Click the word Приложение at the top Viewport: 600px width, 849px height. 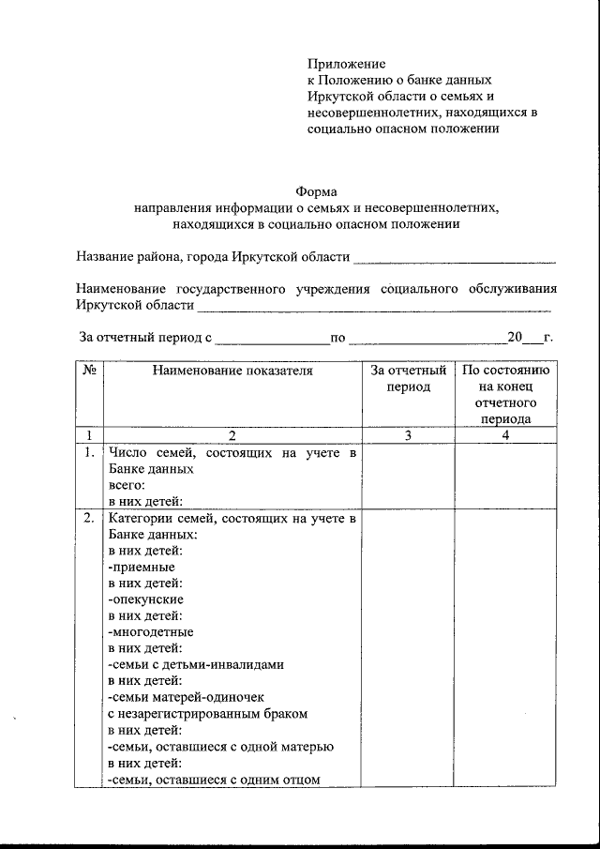(346, 64)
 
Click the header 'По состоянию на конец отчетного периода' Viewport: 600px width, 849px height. (506, 395)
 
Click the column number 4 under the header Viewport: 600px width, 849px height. (506, 435)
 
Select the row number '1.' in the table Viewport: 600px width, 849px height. (87, 454)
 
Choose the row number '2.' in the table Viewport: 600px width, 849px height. (87, 520)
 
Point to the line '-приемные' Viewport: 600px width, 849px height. (142, 567)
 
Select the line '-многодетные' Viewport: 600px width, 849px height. (150, 631)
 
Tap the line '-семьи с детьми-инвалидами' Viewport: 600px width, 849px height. (196, 664)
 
